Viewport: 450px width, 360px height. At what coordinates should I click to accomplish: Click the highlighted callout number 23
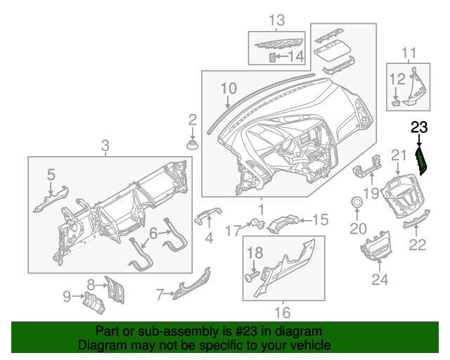(419, 127)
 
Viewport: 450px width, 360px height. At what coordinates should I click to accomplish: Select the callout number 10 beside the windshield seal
(229, 89)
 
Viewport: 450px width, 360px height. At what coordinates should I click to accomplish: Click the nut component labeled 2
(191, 145)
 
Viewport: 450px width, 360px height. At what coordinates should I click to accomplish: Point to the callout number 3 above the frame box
(105, 146)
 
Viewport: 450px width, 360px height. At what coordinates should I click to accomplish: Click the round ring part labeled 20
(358, 203)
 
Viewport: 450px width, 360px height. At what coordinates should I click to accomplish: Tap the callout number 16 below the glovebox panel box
(281, 310)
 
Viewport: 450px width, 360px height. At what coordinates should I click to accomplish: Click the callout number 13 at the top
(276, 19)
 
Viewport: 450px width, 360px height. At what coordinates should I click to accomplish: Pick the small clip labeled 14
(274, 56)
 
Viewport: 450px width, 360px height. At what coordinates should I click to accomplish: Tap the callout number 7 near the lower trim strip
(160, 293)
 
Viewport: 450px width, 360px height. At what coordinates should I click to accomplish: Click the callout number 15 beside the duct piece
(320, 220)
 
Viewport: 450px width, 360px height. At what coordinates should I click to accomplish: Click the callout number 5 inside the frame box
(51, 173)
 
